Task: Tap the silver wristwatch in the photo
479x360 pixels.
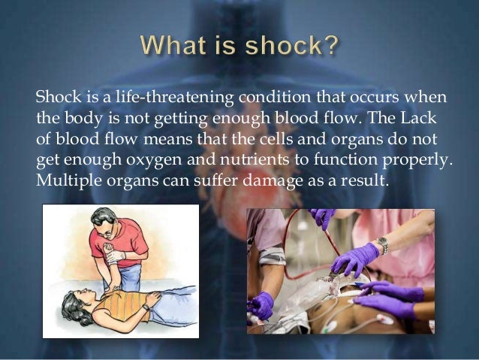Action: tap(384, 245)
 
